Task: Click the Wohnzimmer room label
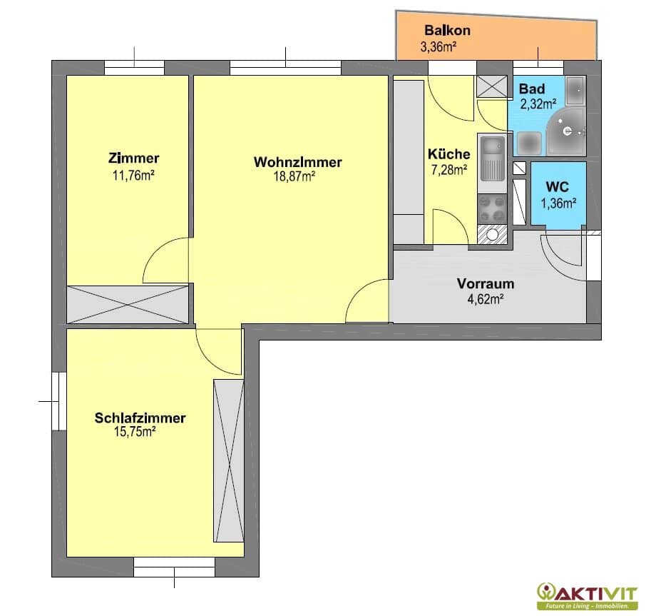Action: tap(297, 162)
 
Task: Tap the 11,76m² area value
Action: tap(133, 176)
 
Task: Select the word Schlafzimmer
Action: tap(140, 418)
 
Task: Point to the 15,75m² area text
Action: tap(134, 432)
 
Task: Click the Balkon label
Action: tap(447, 30)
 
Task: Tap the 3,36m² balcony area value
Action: tap(438, 46)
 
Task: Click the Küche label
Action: tap(448, 154)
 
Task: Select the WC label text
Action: tap(557, 187)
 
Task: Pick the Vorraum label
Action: tap(486, 283)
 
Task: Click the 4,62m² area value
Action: tap(486, 299)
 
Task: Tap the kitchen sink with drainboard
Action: tap(492, 158)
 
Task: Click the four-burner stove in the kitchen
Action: tap(492, 209)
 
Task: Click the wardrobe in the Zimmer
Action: tap(128, 305)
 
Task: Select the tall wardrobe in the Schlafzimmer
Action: tap(229, 461)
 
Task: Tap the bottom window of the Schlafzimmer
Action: tap(174, 567)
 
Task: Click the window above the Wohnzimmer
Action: tap(285, 67)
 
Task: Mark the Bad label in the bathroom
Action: tap(531, 89)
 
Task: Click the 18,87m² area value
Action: tap(294, 177)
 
